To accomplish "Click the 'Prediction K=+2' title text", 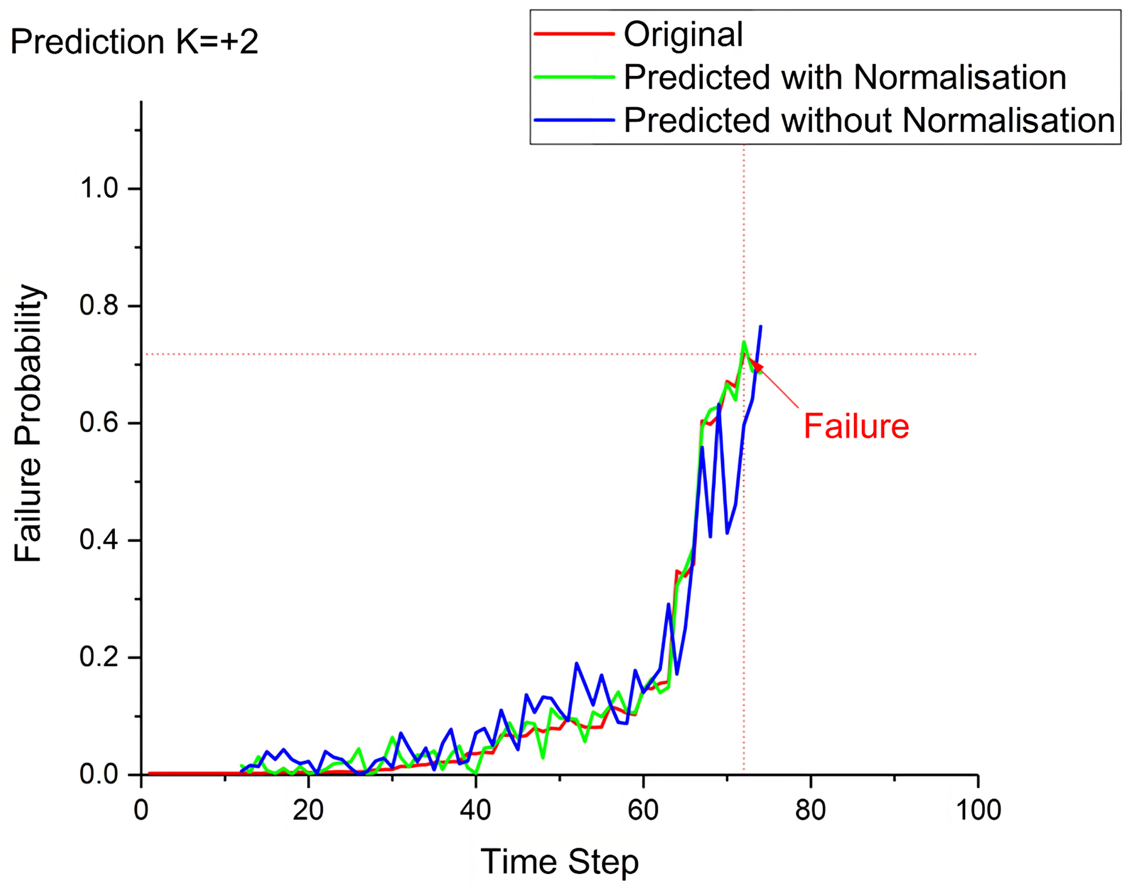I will (x=134, y=42).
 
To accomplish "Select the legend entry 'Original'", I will (x=683, y=34).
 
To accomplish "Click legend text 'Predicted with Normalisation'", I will (x=845, y=77).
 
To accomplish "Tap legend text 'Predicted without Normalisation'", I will (x=869, y=121).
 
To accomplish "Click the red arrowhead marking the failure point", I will (x=758, y=368).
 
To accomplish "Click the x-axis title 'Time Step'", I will (x=559, y=862).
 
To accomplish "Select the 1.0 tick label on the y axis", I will (x=99, y=187).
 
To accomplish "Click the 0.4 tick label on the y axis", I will (x=99, y=540).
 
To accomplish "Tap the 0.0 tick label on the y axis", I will (x=99, y=774).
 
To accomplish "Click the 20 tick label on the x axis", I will (x=308, y=810).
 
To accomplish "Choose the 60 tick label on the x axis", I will (x=643, y=810).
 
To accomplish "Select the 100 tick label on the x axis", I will (x=977, y=810).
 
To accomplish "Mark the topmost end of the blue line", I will (x=761, y=326).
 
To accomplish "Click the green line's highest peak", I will (x=744, y=342).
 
